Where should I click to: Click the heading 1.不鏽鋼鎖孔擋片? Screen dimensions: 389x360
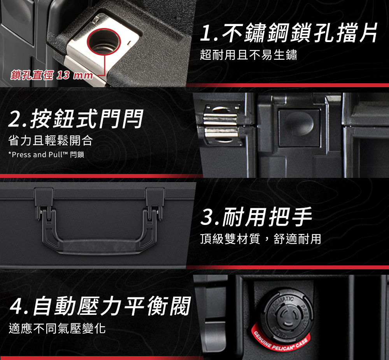(289, 33)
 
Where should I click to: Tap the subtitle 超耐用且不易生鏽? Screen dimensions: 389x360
(248, 55)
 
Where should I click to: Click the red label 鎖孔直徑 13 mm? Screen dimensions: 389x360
(52, 75)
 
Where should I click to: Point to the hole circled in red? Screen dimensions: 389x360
(104, 42)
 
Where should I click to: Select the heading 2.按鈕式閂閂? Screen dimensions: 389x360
(76, 119)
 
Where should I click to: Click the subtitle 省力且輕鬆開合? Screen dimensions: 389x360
(50, 140)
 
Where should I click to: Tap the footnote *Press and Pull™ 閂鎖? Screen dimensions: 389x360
(46, 155)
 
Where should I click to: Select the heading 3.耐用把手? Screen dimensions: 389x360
(256, 217)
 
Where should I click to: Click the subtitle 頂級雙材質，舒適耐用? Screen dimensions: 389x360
(261, 239)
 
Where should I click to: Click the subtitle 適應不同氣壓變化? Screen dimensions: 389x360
(57, 328)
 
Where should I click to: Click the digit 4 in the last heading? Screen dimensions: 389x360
(16, 307)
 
